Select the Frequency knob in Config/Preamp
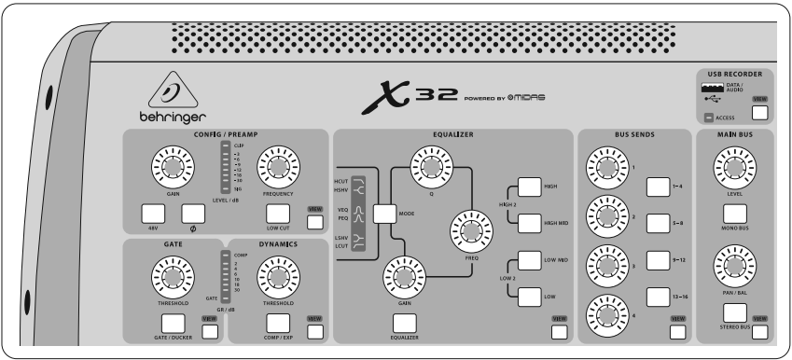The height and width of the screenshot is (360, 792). (x=277, y=167)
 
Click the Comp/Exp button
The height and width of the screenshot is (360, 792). (x=277, y=323)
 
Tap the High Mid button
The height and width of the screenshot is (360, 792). (x=529, y=223)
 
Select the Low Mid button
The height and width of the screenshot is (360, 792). (x=529, y=262)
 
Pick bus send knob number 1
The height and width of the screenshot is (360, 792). (x=605, y=167)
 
